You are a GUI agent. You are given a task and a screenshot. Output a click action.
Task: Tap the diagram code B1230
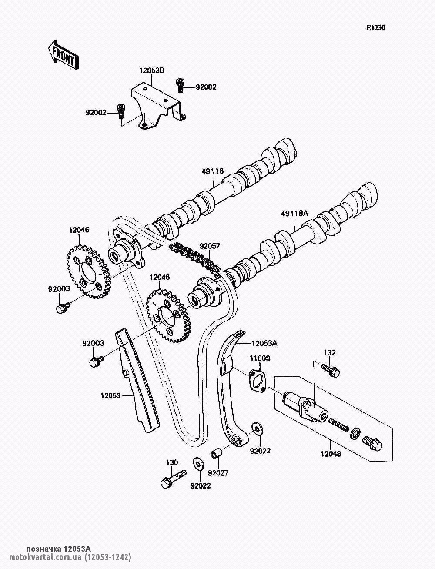376,28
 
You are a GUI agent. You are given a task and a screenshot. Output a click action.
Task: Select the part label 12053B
152,70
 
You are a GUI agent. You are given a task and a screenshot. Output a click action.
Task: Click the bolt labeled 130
173,479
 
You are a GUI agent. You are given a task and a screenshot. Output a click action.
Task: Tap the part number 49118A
294,213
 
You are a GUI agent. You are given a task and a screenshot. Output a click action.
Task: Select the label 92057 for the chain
210,246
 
